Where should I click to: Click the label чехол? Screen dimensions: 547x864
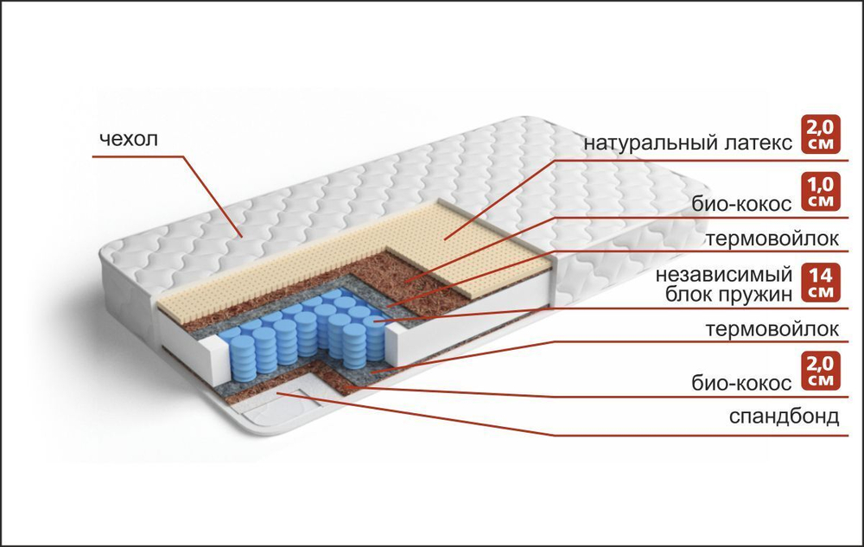click(130, 139)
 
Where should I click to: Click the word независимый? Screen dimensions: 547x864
click(724, 276)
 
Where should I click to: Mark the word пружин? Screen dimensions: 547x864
click(761, 295)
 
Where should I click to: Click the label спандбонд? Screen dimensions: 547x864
click(785, 418)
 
